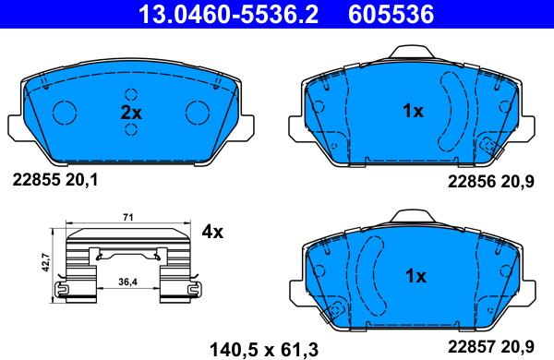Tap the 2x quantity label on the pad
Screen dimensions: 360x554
131,113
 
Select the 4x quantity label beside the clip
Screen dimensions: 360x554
212,232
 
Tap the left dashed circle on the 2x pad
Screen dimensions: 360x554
66,112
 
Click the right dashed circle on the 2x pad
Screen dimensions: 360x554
198,112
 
